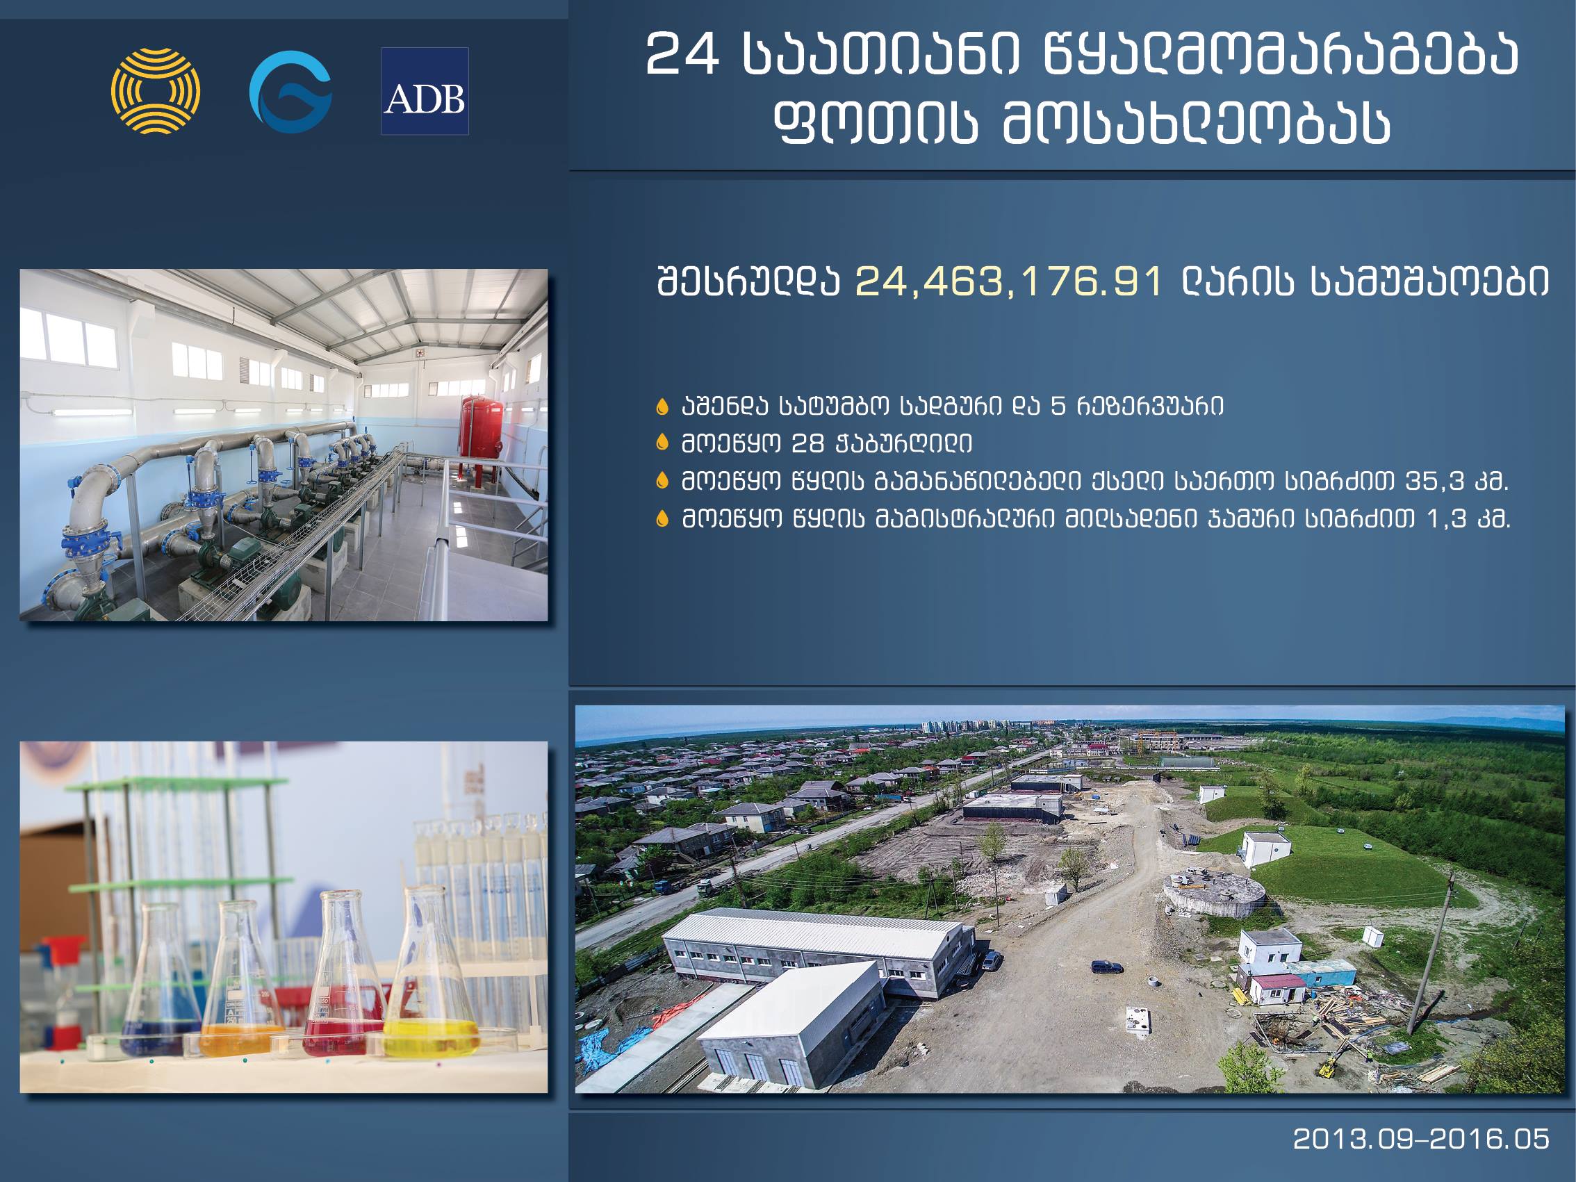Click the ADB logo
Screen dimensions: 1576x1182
[x=425, y=91]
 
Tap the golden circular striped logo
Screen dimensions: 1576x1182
[x=156, y=91]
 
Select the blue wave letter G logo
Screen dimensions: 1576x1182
[x=290, y=91]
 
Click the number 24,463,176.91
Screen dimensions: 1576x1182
[x=1009, y=281]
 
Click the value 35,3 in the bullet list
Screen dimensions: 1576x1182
[x=1434, y=482]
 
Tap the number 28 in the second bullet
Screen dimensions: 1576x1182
[x=808, y=444]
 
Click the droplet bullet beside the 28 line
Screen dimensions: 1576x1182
[x=663, y=443]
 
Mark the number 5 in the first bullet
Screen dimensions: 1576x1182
[x=1058, y=406]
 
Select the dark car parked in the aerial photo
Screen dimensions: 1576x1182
[x=1107, y=967]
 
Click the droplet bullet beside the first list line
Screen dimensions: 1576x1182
[x=663, y=406]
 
